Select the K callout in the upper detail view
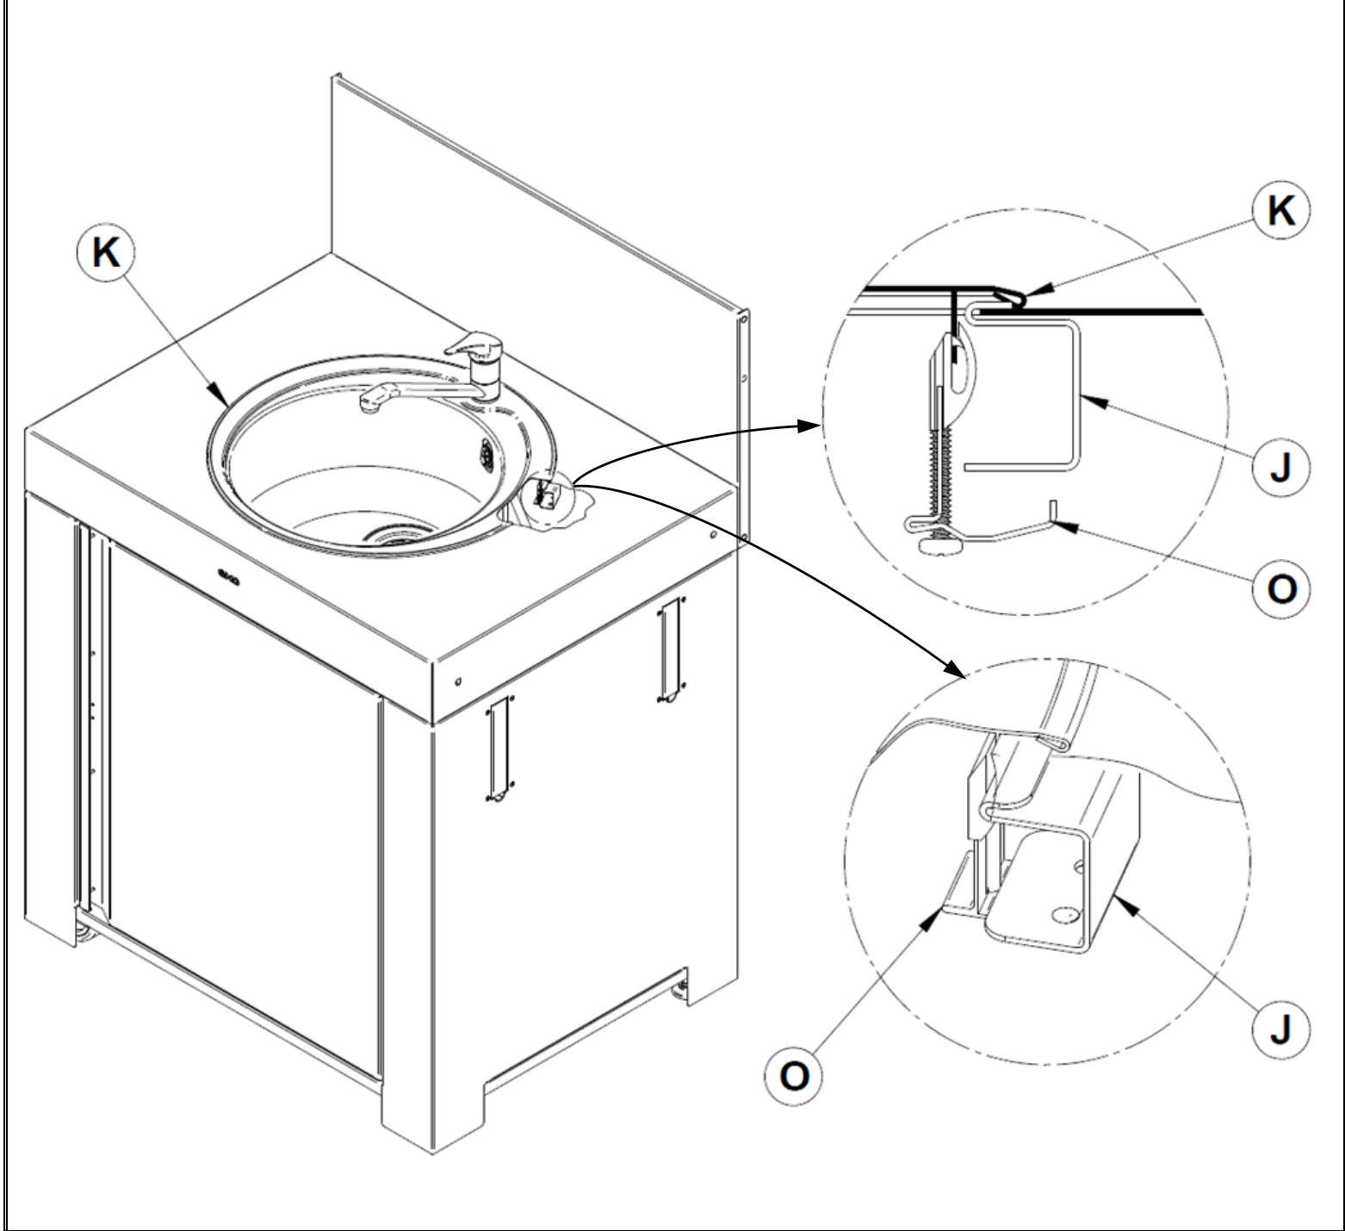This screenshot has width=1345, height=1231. click(1281, 210)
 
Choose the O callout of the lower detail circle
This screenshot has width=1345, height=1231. click(794, 1077)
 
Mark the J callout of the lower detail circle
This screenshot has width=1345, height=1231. click(1281, 1029)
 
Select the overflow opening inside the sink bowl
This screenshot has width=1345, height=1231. click(487, 450)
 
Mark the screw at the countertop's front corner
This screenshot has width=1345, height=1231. click(458, 681)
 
